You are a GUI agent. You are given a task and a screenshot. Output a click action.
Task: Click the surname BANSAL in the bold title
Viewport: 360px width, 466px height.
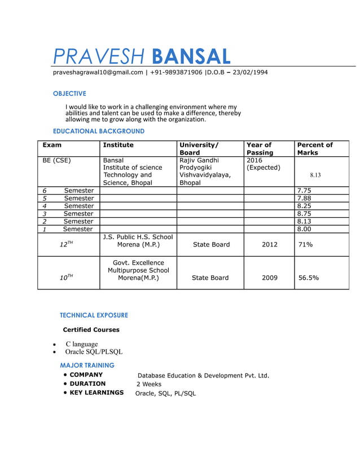(191, 56)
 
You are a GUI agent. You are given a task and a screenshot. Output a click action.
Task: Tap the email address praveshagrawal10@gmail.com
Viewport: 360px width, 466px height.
(98, 72)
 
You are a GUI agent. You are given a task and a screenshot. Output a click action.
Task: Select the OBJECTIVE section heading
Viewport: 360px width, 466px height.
(69, 94)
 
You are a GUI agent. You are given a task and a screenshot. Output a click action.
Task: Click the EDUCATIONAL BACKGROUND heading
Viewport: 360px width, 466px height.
(98, 131)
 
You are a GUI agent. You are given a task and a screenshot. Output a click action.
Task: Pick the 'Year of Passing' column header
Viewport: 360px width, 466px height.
(260, 149)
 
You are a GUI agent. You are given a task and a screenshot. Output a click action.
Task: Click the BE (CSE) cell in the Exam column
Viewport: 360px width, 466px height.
(57, 160)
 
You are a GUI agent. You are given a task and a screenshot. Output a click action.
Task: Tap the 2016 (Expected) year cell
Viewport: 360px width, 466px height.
(263, 164)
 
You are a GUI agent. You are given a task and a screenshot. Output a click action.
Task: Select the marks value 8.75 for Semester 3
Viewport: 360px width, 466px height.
(304, 214)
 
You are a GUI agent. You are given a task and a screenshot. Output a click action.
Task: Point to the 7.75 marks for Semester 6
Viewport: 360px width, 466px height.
(304, 191)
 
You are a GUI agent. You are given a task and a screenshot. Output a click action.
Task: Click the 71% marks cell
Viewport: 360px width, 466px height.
(306, 245)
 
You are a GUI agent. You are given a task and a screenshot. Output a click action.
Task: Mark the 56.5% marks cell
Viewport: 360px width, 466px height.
(309, 278)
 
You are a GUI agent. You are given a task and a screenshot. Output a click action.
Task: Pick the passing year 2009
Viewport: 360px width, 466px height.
(269, 278)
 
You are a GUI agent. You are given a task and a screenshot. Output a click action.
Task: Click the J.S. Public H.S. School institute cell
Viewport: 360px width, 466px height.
(138, 241)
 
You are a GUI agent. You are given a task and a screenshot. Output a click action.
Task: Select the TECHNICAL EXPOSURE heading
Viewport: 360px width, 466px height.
(94, 315)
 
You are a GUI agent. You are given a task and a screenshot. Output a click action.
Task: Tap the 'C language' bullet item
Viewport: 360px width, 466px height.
(81, 344)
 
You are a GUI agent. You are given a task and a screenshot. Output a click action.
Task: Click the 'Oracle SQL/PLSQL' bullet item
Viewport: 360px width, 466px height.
(94, 352)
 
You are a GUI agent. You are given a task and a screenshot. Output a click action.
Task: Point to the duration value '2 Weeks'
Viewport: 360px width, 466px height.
(149, 384)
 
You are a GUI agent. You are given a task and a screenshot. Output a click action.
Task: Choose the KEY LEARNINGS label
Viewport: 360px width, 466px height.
(96, 393)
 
